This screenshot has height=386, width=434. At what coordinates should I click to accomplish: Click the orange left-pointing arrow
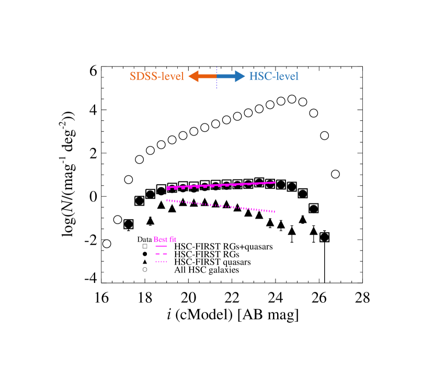click(201, 76)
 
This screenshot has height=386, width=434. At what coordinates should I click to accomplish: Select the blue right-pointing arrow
click(231, 76)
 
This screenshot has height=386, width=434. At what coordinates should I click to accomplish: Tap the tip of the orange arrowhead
click(188, 76)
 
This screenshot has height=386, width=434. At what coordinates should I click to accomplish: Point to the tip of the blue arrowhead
click(245, 76)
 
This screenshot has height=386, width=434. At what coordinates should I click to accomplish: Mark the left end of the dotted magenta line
click(167, 200)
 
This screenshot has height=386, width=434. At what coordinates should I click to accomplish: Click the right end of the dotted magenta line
click(275, 212)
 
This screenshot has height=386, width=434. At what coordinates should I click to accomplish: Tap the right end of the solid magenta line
click(275, 182)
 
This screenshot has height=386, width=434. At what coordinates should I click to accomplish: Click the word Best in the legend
click(159, 240)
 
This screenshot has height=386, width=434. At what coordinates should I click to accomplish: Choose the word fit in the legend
click(172, 240)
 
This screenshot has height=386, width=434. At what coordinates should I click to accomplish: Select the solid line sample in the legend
click(161, 246)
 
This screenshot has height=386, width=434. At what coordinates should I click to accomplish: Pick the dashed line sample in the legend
click(161, 254)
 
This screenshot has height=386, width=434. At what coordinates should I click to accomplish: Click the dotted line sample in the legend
click(161, 262)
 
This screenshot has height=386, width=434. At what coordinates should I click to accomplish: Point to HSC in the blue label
click(259, 76)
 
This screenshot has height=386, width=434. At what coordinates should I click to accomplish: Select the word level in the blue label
click(287, 76)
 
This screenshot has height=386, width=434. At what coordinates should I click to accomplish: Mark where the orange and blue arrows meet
click(216, 76)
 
